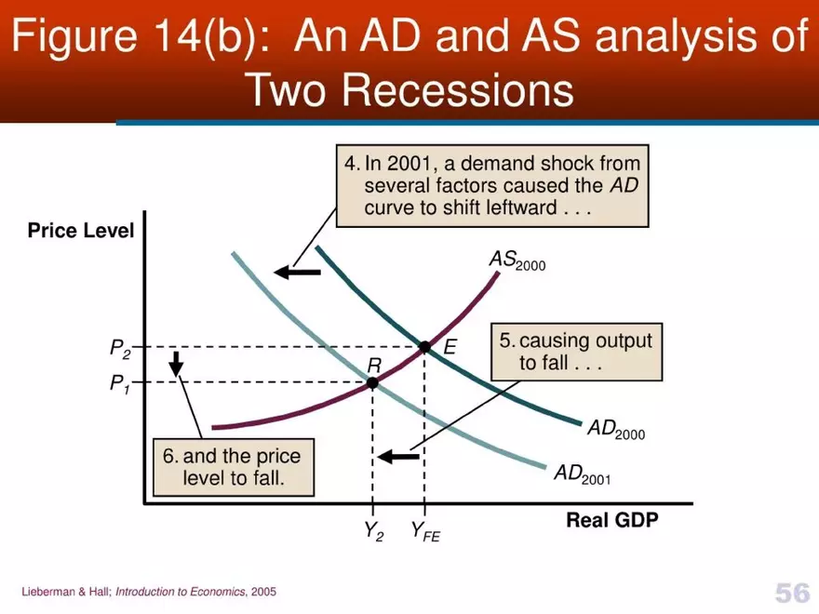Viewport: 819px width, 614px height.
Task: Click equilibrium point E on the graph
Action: [x=424, y=347]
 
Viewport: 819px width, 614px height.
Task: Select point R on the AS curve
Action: [x=372, y=382]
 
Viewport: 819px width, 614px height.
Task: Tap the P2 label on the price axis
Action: [x=120, y=349]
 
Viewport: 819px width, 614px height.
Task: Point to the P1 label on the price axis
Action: [x=120, y=383]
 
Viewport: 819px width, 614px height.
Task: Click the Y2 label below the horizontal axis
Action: [x=372, y=532]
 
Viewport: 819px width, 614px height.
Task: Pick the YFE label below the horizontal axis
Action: [x=425, y=532]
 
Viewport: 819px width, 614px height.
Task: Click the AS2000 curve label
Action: [x=517, y=260]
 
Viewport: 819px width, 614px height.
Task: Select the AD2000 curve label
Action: [x=615, y=430]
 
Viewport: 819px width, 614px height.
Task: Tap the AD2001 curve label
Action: [x=582, y=474]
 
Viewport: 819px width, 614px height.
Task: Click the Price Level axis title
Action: [x=81, y=230]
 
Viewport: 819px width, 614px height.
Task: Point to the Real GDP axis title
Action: [x=611, y=520]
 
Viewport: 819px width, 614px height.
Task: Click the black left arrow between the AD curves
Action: [x=297, y=272]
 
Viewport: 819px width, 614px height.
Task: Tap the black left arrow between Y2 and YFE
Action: [x=398, y=456]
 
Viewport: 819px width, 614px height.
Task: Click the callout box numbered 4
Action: [x=492, y=185]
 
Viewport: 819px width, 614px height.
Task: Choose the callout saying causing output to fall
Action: [x=576, y=352]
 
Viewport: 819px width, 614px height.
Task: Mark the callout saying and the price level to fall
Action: [x=233, y=468]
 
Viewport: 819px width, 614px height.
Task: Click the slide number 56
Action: [x=791, y=592]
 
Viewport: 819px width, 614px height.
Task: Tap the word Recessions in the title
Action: [x=409, y=90]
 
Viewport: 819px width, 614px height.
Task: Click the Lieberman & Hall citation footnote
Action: [x=149, y=592]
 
